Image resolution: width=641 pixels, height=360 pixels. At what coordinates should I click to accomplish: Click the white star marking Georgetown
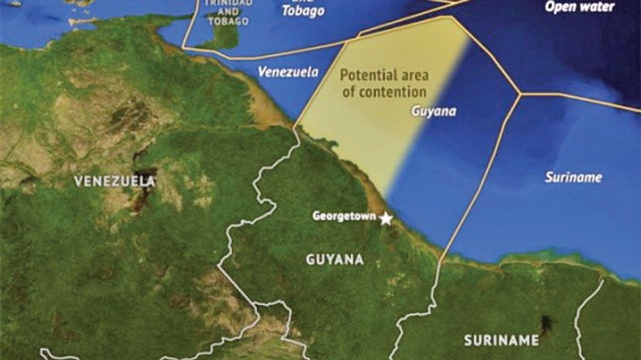click(x=386, y=218)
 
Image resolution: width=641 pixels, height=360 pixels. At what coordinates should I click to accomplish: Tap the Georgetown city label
click(x=343, y=216)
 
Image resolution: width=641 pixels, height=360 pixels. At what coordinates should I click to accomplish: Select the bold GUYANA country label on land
click(x=334, y=260)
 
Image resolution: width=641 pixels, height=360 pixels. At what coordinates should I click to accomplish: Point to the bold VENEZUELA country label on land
click(x=115, y=181)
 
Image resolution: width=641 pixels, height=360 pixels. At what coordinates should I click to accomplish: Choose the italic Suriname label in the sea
click(x=573, y=177)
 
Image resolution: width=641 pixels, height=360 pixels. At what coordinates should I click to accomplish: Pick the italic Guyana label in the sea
click(x=433, y=111)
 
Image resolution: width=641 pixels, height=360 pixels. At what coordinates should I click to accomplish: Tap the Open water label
click(x=579, y=7)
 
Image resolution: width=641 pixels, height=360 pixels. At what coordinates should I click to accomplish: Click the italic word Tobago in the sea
click(x=303, y=11)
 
